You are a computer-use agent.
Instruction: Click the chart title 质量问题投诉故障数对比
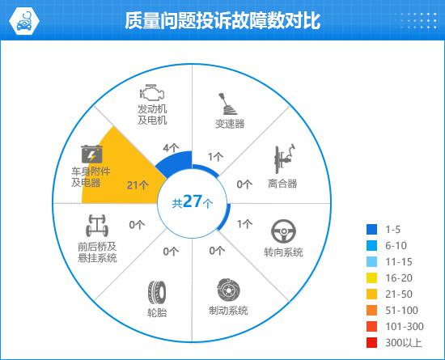222,20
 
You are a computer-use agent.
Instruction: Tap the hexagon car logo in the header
24,21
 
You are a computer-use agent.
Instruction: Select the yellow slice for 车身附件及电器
119,173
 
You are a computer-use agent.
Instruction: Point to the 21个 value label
138,185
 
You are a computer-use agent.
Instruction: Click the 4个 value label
172,148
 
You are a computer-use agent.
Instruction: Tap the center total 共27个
192,201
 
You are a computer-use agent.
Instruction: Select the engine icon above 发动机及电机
152,92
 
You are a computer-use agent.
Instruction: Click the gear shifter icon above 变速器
227,104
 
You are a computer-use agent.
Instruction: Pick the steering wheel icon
283,231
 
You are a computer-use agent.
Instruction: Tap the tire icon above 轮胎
157,293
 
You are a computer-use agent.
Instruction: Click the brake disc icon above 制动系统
228,290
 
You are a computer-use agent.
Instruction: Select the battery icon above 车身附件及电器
91,154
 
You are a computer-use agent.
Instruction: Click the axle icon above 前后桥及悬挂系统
97,226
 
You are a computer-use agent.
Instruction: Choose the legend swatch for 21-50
372,294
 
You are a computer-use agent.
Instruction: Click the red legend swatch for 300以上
372,343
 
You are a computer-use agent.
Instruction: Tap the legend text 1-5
393,229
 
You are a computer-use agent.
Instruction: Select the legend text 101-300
405,327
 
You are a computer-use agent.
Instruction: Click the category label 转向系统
283,252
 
